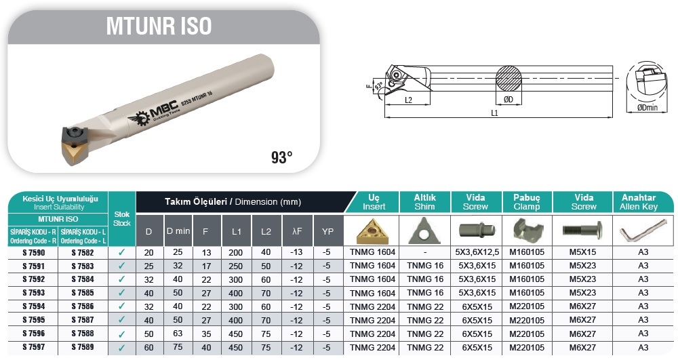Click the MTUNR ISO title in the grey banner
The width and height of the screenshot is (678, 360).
[159, 26]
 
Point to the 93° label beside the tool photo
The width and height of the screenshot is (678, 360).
[281, 157]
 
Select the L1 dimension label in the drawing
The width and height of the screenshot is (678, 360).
[494, 113]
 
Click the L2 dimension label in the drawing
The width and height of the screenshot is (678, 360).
[408, 100]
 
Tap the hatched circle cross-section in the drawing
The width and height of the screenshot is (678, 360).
[509, 79]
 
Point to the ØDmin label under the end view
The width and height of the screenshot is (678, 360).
[647, 108]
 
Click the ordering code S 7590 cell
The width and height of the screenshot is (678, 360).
[33, 253]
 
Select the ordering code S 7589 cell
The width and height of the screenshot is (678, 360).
[83, 346]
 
